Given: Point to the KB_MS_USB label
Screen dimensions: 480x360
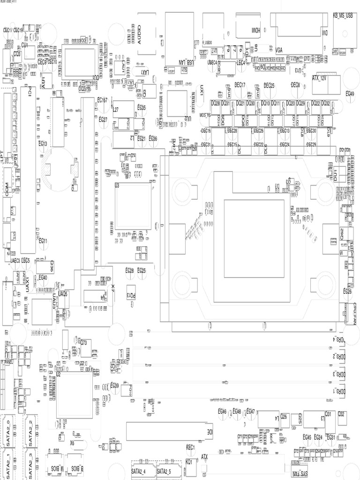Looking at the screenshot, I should coord(345,15).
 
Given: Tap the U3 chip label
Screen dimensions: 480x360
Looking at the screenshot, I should coord(117,186).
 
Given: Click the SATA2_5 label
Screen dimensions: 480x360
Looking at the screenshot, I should coord(164,471).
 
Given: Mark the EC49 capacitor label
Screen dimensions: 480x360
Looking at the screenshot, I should coord(350,94).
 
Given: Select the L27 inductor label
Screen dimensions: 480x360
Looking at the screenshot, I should coord(115,109).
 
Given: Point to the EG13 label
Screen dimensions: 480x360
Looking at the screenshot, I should coord(42,143).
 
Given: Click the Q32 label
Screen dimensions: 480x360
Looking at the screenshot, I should coord(341,414).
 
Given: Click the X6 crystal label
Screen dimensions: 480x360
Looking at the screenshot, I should coord(72,442).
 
